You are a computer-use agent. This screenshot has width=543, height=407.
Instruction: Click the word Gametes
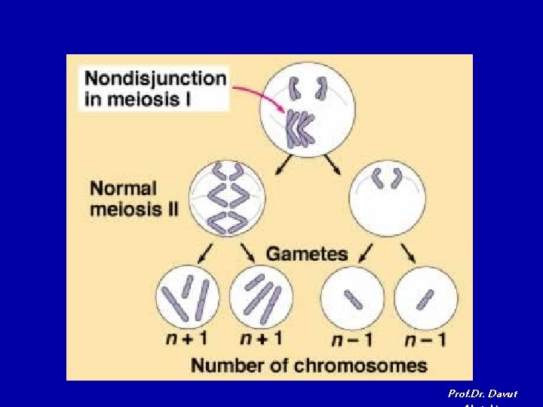point(307,253)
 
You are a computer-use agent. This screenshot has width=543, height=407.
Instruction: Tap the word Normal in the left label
point(123,188)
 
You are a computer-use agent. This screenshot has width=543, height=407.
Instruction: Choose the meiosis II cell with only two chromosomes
point(387,197)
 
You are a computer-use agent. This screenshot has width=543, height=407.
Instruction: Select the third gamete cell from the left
point(353,298)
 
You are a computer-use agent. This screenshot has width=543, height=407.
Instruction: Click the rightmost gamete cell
point(425,298)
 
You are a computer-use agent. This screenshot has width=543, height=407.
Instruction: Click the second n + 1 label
point(261,339)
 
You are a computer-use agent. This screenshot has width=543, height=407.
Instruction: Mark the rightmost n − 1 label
point(425,339)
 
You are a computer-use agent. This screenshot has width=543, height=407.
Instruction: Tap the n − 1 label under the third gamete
point(353,339)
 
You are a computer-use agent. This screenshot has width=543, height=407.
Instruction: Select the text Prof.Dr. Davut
point(483,393)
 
